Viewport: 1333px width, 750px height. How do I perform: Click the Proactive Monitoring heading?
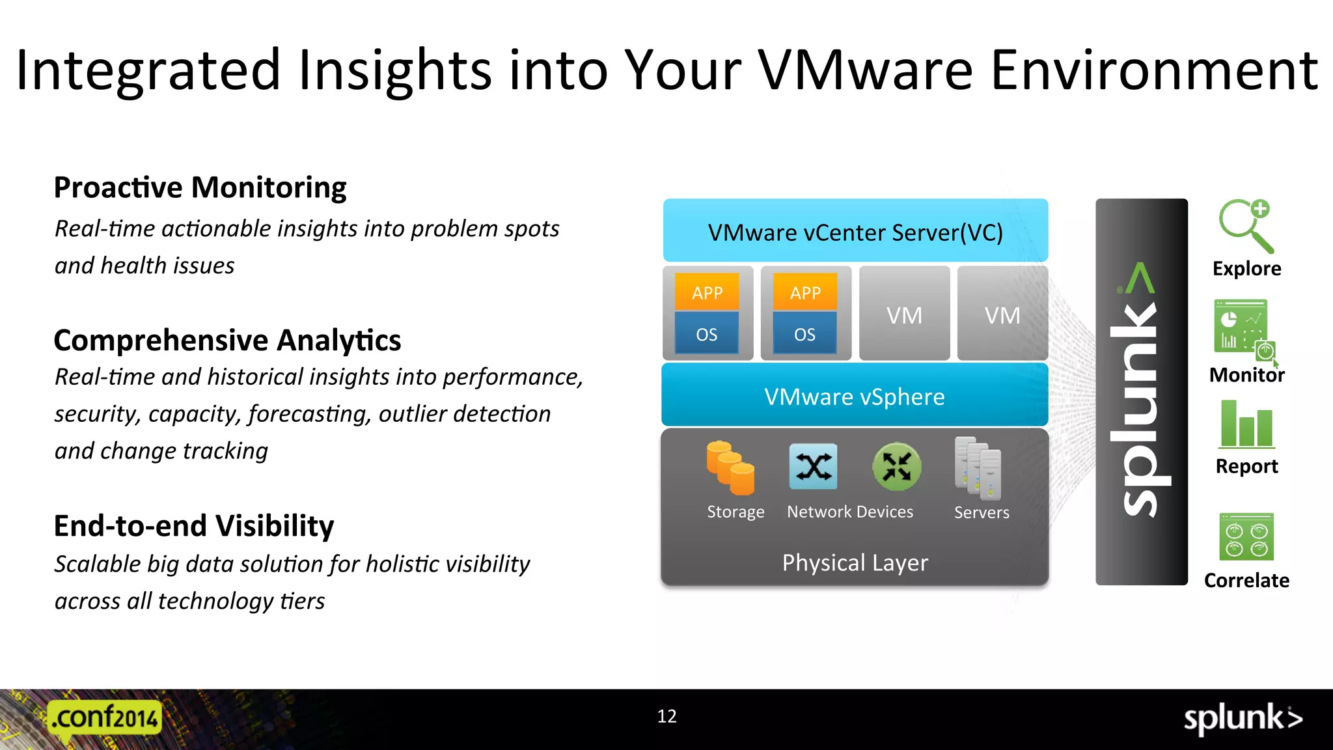tap(200, 187)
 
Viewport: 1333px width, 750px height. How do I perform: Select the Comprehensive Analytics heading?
tap(227, 340)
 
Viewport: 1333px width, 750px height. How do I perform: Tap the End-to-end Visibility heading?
tap(193, 526)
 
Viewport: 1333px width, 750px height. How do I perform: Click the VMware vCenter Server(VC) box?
tap(855, 231)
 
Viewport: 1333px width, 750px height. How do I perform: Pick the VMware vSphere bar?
tap(855, 396)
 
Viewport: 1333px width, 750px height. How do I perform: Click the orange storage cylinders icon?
tap(730, 467)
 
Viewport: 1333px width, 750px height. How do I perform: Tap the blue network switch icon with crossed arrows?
tap(813, 466)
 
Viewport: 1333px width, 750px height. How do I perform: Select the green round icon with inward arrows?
tap(896, 466)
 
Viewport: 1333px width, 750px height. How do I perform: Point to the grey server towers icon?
tap(978, 467)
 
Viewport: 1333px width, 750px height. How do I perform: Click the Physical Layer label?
tap(855, 562)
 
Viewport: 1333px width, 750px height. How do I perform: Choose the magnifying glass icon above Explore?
tap(1246, 225)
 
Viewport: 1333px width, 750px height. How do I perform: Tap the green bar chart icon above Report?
tap(1246, 424)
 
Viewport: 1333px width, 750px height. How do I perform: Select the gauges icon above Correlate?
tap(1246, 536)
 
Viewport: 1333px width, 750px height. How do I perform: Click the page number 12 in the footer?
tap(666, 716)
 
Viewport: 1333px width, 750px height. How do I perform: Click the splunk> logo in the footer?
tap(1243, 719)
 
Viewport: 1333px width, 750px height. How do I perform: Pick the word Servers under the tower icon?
tap(982, 512)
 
